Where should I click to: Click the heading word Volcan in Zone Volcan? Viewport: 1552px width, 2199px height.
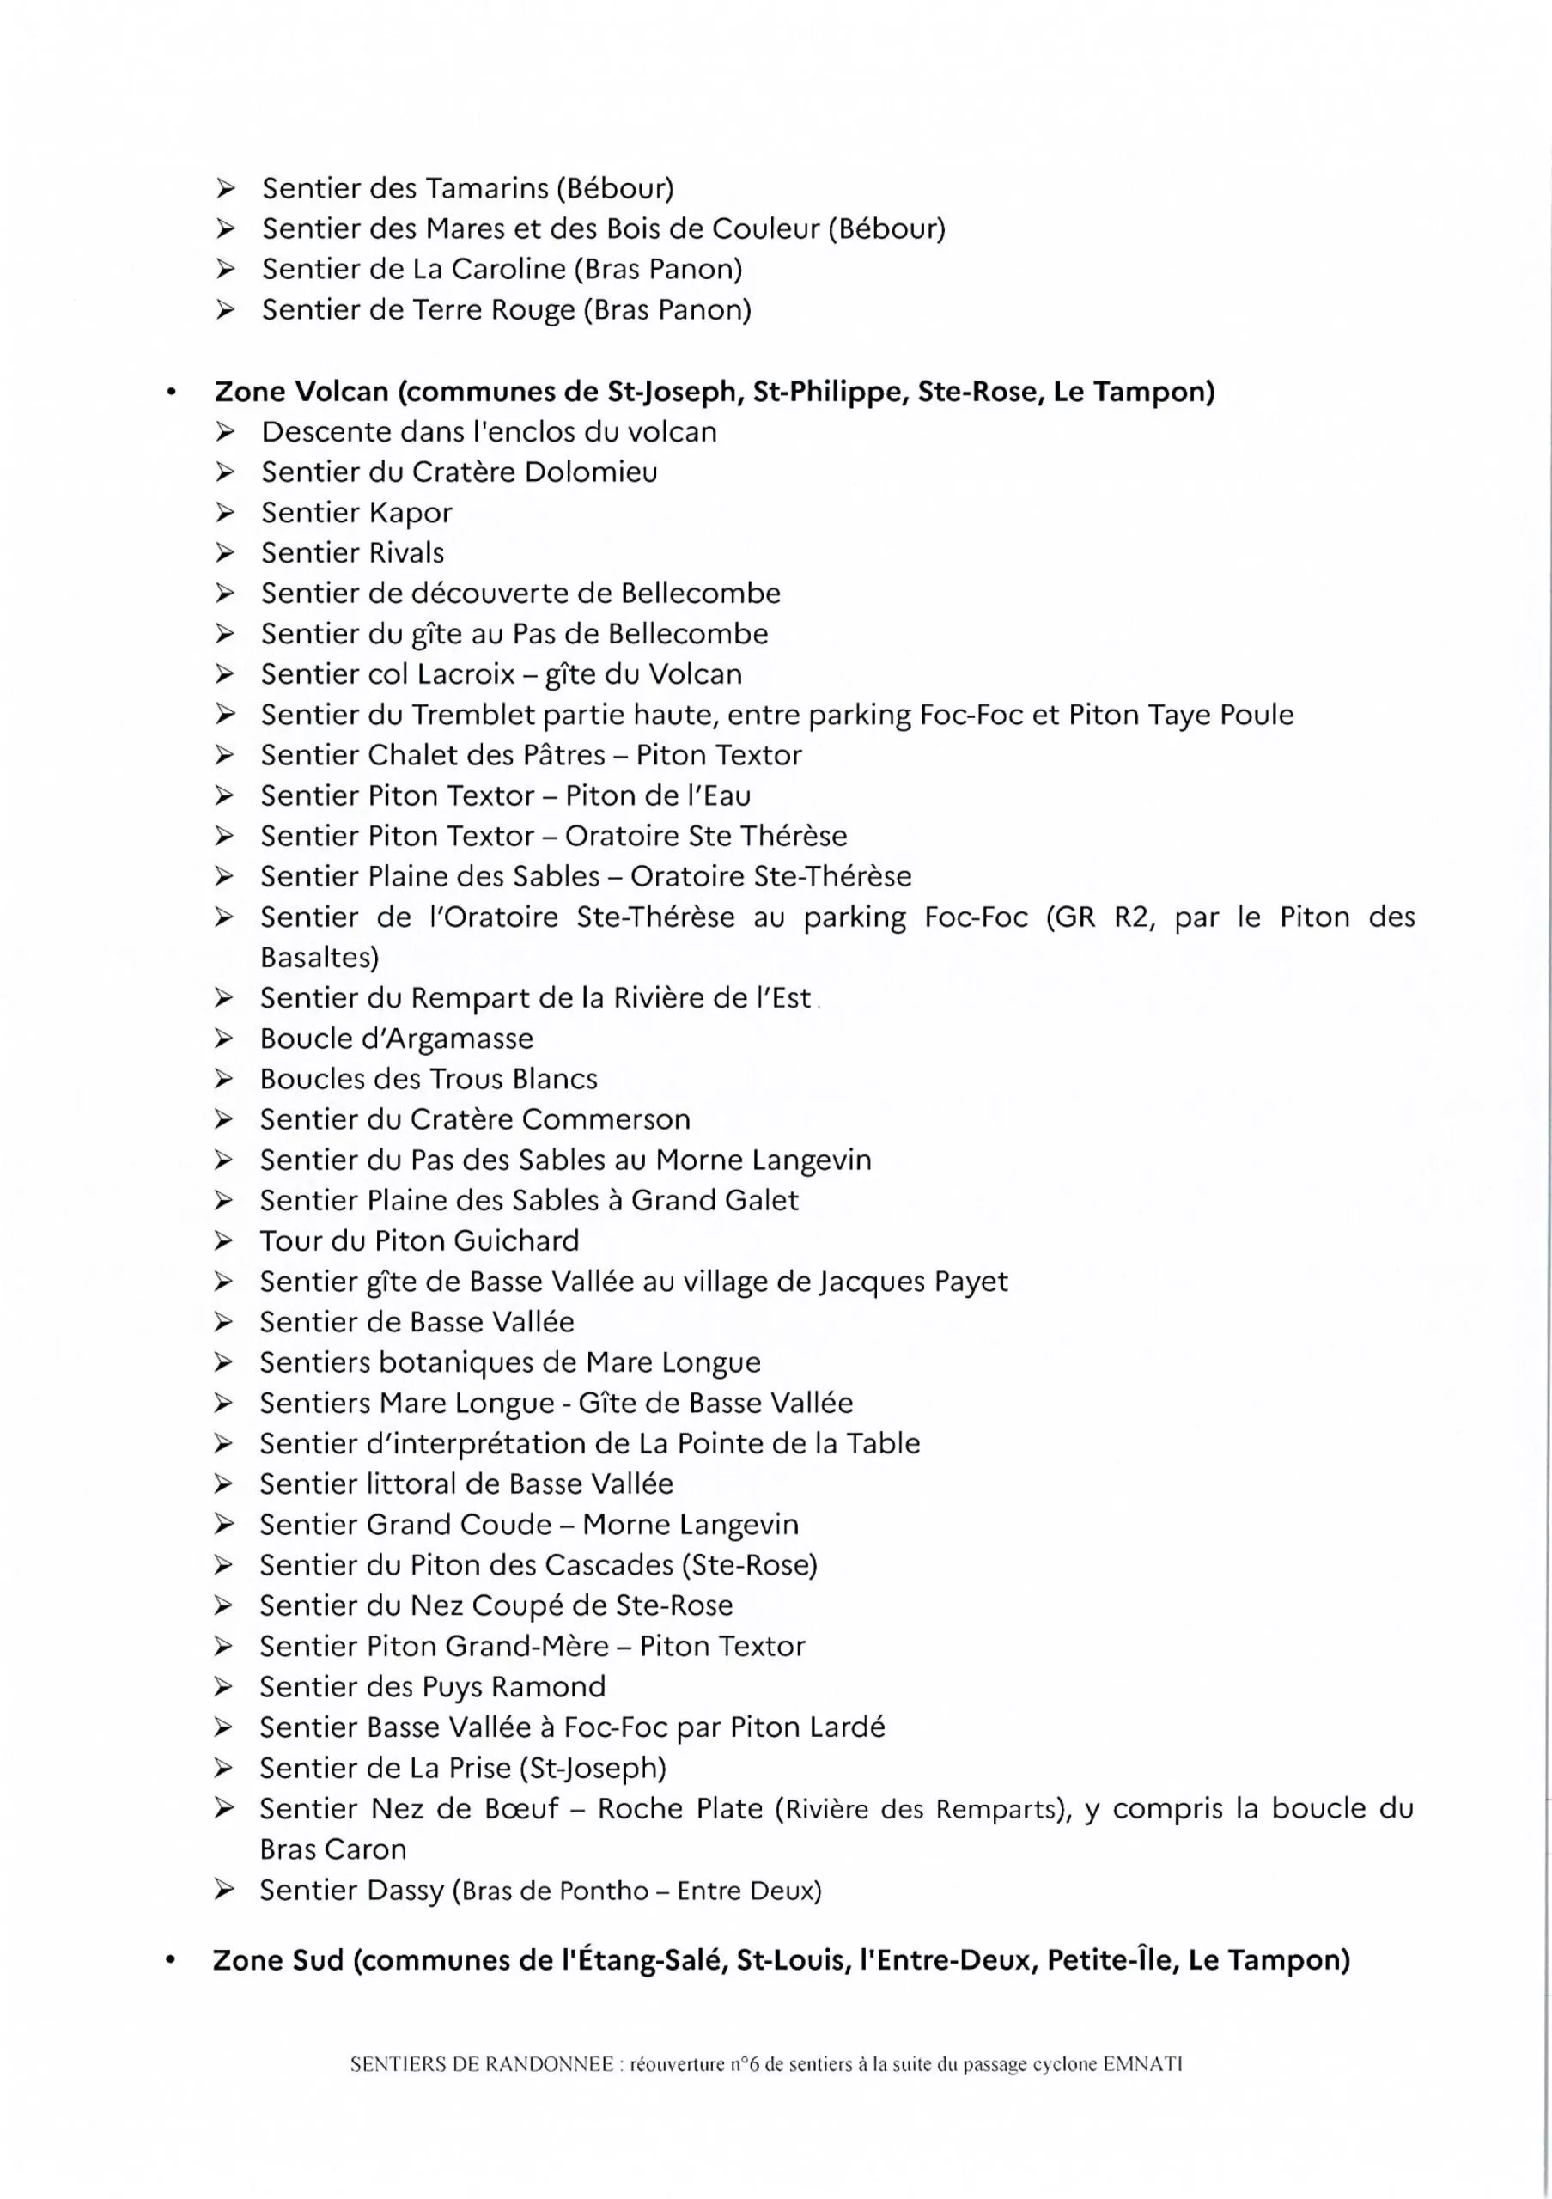click(x=342, y=392)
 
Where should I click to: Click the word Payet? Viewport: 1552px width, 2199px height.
click(x=969, y=1282)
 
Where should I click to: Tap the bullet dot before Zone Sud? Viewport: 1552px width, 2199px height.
click(x=169, y=1960)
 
